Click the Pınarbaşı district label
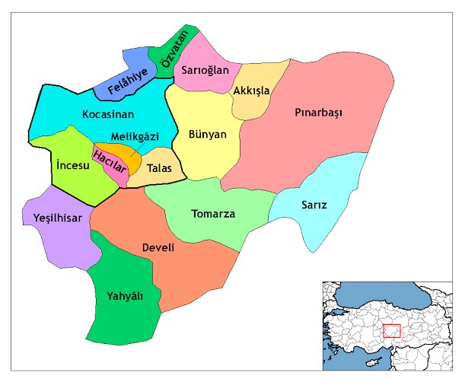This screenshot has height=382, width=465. click(x=319, y=113)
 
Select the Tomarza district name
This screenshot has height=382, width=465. click(x=213, y=214)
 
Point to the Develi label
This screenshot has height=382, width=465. click(x=158, y=248)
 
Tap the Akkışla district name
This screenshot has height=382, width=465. click(x=252, y=91)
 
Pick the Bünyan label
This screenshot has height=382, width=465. click(x=208, y=135)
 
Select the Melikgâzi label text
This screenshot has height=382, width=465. click(x=135, y=136)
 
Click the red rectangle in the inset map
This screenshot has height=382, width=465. click(x=391, y=330)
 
